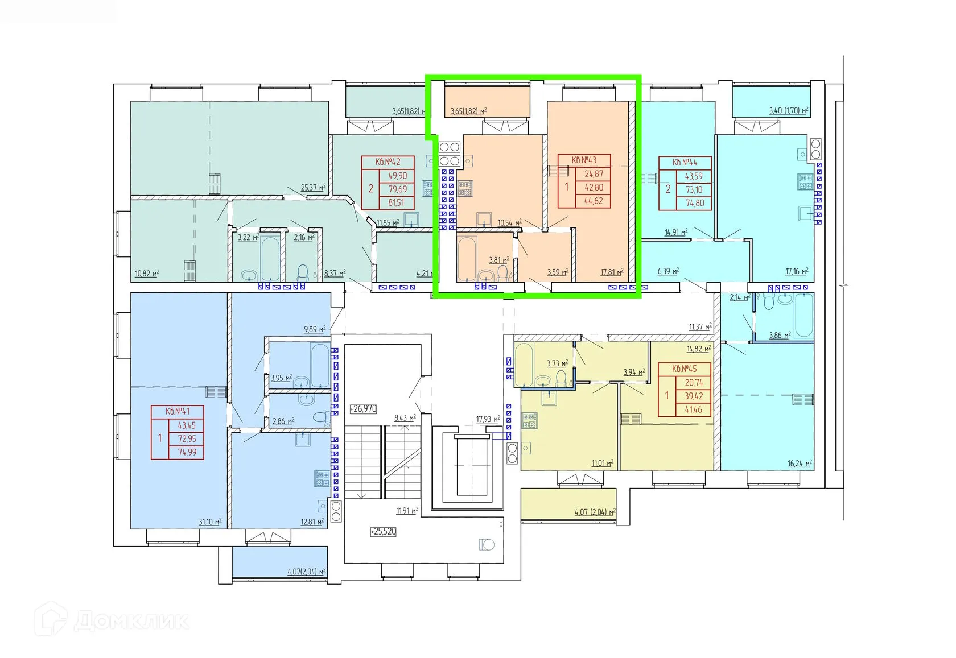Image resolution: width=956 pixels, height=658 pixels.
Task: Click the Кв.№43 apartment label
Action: click(584, 160)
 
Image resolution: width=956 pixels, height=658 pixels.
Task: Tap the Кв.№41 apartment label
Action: click(177, 411)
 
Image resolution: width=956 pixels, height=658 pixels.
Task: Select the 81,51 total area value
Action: click(397, 202)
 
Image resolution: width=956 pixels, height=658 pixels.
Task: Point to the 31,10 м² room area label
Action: click(210, 521)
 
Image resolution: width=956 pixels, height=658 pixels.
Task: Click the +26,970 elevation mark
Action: click(363, 408)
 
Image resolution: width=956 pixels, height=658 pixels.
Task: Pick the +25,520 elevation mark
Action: click(383, 531)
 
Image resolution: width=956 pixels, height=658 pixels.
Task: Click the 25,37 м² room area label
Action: click(313, 187)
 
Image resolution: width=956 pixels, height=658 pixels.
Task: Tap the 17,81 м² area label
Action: click(612, 272)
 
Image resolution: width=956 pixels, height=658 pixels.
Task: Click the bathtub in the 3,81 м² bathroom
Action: click(466, 258)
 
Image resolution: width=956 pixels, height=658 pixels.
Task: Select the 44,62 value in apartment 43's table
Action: click(594, 201)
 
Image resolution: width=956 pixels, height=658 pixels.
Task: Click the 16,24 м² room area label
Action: click(800, 464)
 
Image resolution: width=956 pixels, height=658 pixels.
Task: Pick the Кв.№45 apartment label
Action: click(684, 369)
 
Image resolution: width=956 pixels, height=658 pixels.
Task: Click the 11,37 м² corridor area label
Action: click(700, 326)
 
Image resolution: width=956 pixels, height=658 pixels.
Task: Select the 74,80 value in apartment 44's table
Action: click(694, 203)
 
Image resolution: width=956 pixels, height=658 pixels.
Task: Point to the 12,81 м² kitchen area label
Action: click(312, 521)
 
